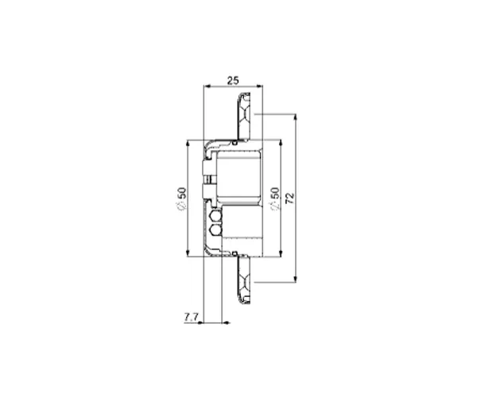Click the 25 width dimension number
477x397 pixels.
(x=233, y=80)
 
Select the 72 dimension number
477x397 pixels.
(x=290, y=198)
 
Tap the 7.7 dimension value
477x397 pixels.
(x=191, y=317)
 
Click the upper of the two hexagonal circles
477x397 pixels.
(x=215, y=217)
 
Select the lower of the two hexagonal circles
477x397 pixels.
(x=215, y=229)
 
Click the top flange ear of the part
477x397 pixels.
(x=244, y=116)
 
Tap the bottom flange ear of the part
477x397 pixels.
(x=244, y=280)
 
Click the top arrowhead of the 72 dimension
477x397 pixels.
(x=295, y=118)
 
